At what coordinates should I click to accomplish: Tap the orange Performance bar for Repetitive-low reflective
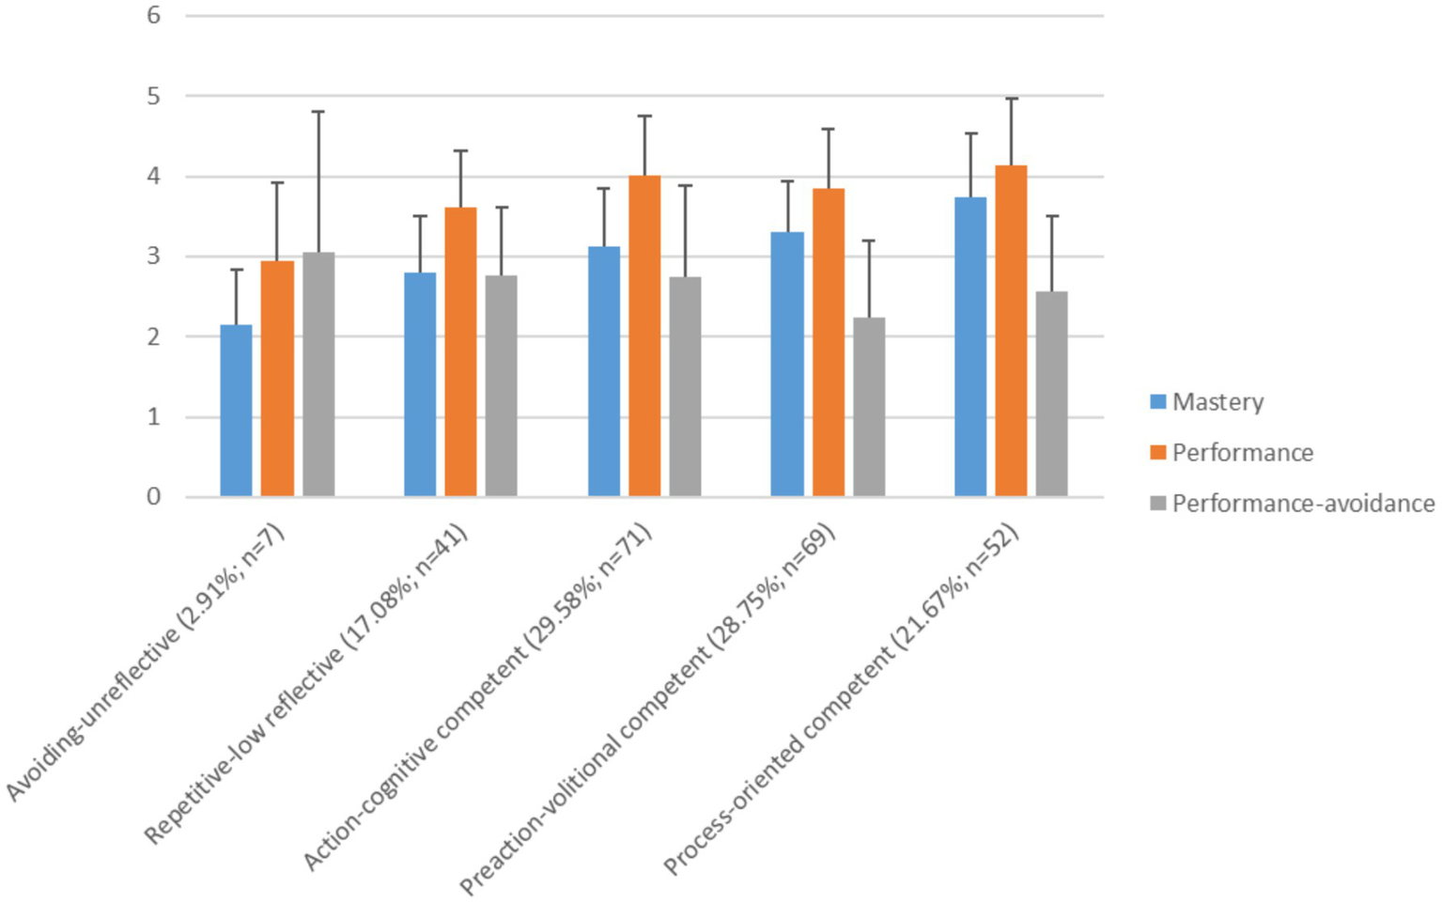460,351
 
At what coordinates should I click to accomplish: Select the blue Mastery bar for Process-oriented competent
970,347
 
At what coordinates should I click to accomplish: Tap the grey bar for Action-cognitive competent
685,386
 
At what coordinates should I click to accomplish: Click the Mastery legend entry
1217,402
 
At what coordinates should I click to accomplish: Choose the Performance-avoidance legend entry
1302,504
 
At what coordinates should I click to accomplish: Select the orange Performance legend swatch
1158,453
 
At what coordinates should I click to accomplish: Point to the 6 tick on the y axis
154,16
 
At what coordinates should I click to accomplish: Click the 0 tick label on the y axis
154,497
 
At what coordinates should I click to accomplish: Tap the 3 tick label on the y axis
154,257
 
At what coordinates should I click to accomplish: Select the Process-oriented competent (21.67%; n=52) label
841,700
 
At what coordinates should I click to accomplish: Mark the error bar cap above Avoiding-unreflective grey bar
318,112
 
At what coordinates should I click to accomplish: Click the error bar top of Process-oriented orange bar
1011,99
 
